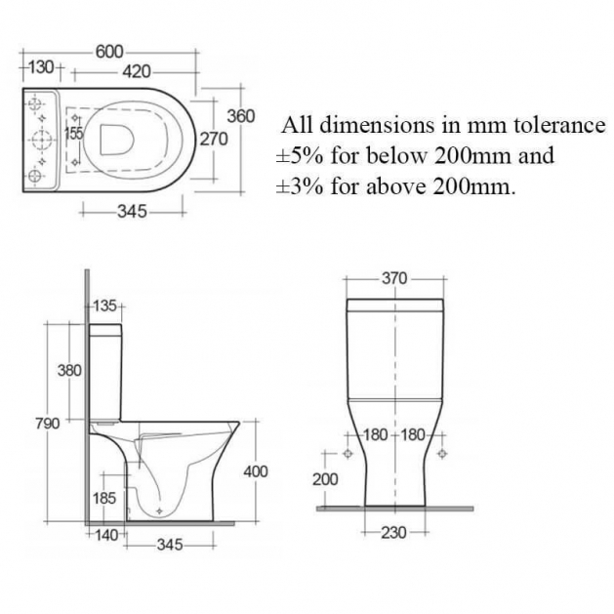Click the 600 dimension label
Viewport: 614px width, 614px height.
point(109,52)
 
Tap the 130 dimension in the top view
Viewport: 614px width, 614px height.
point(41,67)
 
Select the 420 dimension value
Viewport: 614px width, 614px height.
point(137,71)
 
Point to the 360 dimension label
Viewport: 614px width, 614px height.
point(241,116)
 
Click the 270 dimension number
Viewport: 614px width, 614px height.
point(214,139)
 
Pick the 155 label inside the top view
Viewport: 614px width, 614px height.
point(73,134)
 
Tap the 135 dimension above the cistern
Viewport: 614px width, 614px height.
point(105,306)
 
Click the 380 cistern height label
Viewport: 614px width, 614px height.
point(69,370)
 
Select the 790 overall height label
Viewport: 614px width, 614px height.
point(48,424)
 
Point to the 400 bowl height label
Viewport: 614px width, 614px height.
point(256,471)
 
